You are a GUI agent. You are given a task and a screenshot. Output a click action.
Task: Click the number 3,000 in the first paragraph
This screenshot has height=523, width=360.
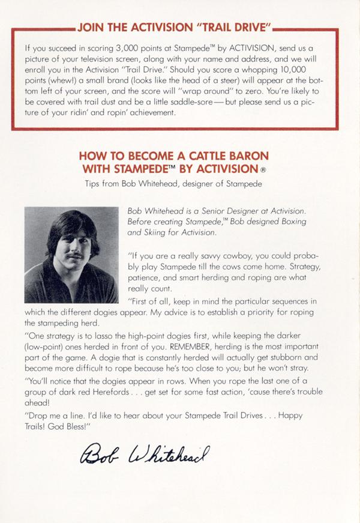tap(119, 46)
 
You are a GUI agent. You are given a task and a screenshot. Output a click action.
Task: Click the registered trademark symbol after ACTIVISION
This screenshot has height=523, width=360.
tap(272, 169)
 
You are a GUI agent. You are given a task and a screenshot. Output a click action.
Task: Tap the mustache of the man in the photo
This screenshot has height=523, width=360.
tap(72, 256)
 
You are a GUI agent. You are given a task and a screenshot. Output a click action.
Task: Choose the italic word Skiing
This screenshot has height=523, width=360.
tap(158, 232)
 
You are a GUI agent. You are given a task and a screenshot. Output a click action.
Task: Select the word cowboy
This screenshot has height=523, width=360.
tap(233, 255)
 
